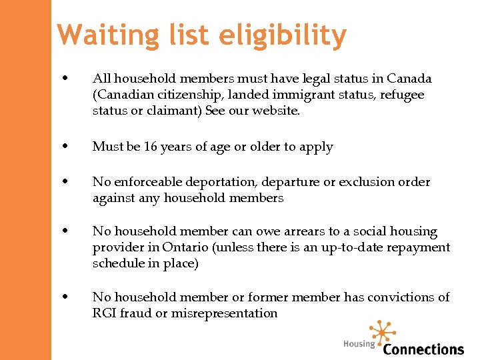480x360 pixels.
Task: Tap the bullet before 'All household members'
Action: pyautogui.click(x=66, y=79)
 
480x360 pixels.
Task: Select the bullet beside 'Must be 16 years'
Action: pyautogui.click(x=66, y=147)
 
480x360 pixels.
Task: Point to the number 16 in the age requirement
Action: pyautogui.click(x=151, y=147)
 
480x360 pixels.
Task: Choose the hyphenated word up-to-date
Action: pyautogui.click(x=354, y=247)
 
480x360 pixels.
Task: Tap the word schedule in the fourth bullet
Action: pyautogui.click(x=117, y=263)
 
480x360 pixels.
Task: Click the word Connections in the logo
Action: pyautogui.click(x=423, y=349)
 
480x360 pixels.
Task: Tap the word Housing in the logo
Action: pyautogui.click(x=359, y=344)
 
